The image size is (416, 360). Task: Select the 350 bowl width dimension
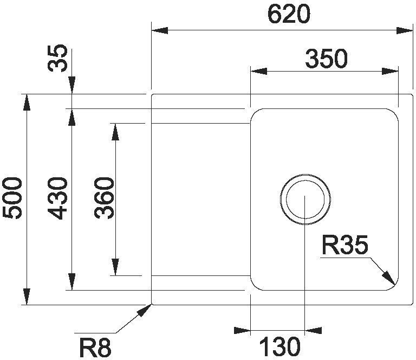(326, 59)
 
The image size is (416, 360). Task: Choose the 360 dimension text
(104, 198)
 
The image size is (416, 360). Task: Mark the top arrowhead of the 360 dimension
(115, 131)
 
